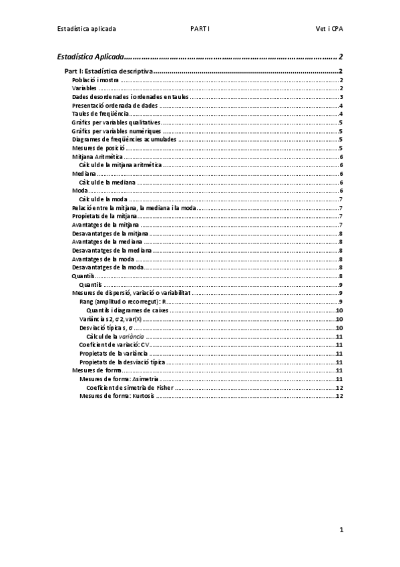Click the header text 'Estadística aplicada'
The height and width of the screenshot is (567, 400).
87,29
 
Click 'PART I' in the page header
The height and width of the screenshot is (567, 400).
200,29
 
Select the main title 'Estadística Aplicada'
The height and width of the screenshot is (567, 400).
91,57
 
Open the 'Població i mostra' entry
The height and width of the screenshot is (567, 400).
95,80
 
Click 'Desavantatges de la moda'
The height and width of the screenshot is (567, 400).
108,267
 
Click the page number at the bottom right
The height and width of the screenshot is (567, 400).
341,530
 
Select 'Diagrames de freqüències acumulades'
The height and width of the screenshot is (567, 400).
124,140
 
